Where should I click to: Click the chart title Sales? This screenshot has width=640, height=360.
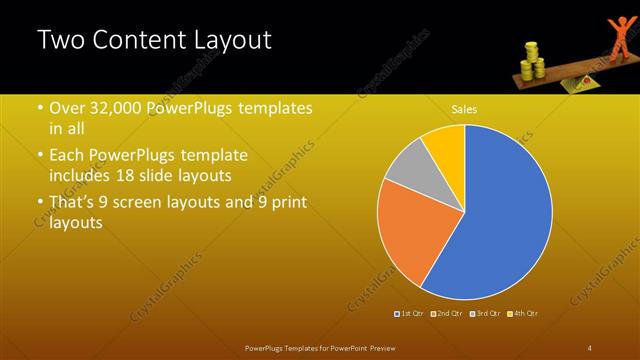(463, 108)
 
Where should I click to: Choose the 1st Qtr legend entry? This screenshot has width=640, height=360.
(409, 313)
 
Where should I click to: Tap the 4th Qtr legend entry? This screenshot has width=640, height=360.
(523, 313)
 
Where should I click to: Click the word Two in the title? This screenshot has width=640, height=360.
(61, 41)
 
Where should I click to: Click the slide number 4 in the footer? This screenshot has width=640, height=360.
(590, 347)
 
